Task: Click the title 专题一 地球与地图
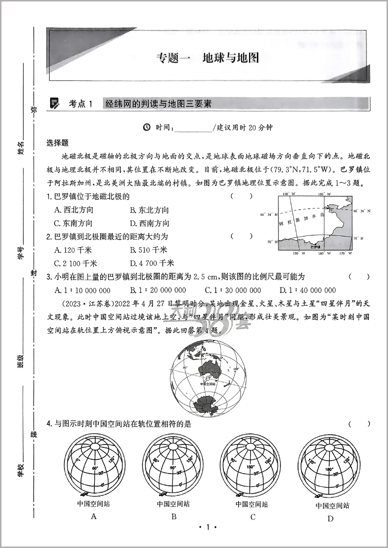[x=207, y=58]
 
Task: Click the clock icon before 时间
[x=146, y=128]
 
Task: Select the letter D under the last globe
[x=331, y=519]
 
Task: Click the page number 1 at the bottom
[x=207, y=527]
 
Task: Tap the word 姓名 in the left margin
[x=21, y=147]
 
